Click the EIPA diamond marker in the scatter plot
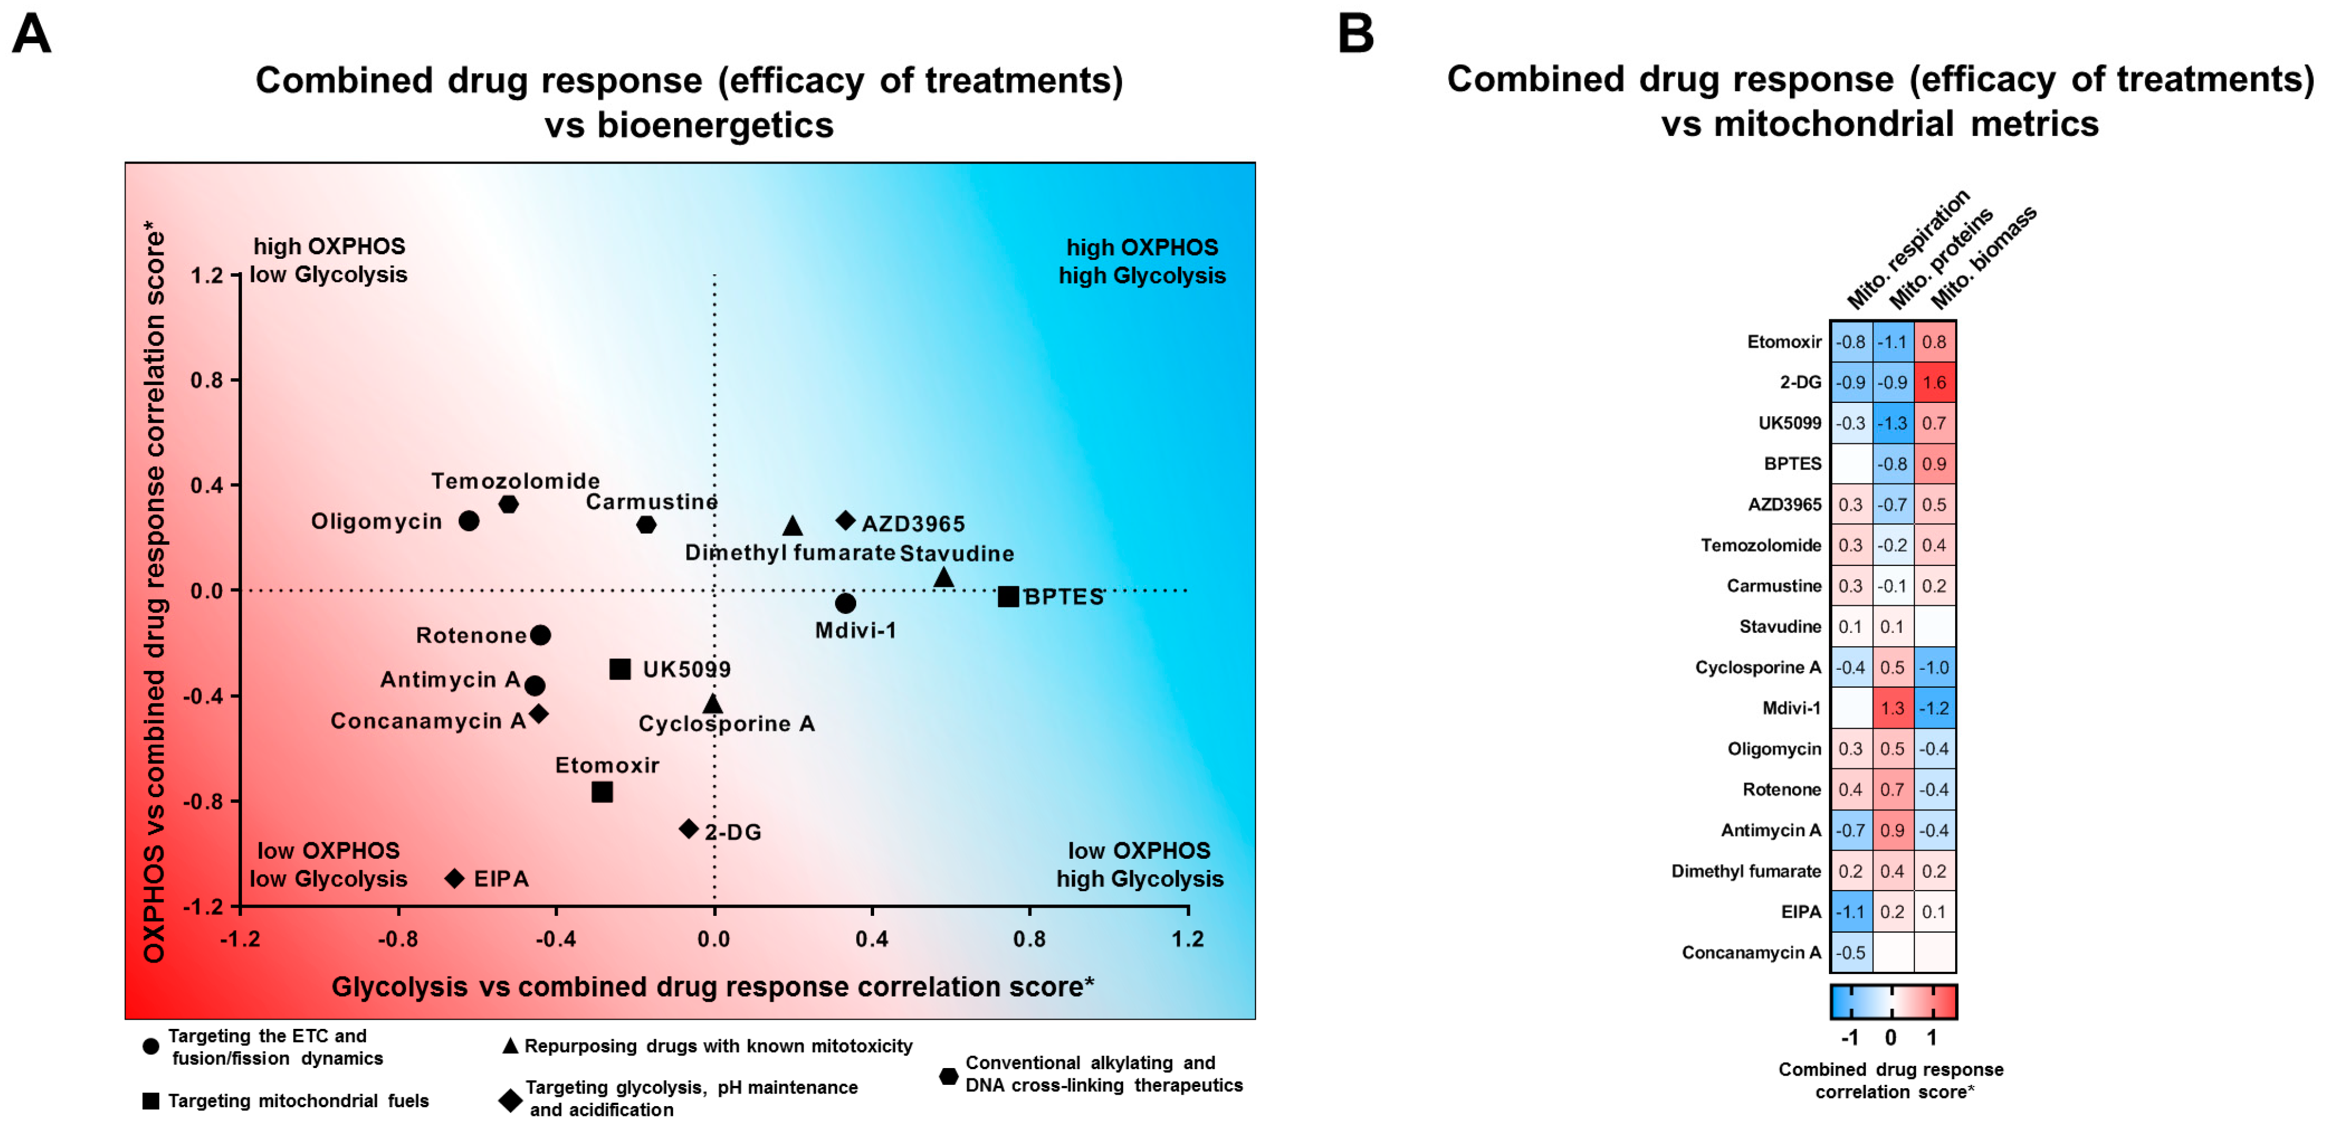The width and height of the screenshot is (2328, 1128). [x=455, y=878]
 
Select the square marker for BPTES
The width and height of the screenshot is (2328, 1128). [x=1008, y=597]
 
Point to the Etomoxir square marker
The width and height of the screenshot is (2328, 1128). [x=602, y=792]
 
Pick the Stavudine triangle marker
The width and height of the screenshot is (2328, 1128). [x=943, y=576]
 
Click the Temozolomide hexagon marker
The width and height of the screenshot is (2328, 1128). [x=509, y=503]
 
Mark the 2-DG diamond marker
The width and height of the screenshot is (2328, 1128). [x=689, y=828]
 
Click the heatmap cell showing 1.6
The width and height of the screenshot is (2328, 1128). [x=1934, y=382]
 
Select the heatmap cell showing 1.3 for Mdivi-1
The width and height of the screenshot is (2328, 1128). [x=1892, y=708]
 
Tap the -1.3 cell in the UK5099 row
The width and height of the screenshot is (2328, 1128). [x=1892, y=423]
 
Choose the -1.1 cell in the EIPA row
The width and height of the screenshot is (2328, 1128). [x=1851, y=911]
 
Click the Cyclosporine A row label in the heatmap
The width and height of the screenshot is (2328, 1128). [x=1757, y=667]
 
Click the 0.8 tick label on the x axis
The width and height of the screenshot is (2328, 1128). [x=1029, y=938]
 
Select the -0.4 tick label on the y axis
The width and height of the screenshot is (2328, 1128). [x=202, y=695]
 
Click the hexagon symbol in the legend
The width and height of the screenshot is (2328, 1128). [x=948, y=1076]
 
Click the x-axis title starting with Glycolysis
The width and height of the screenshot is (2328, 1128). [x=712, y=986]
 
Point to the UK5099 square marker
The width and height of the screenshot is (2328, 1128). [x=620, y=669]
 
